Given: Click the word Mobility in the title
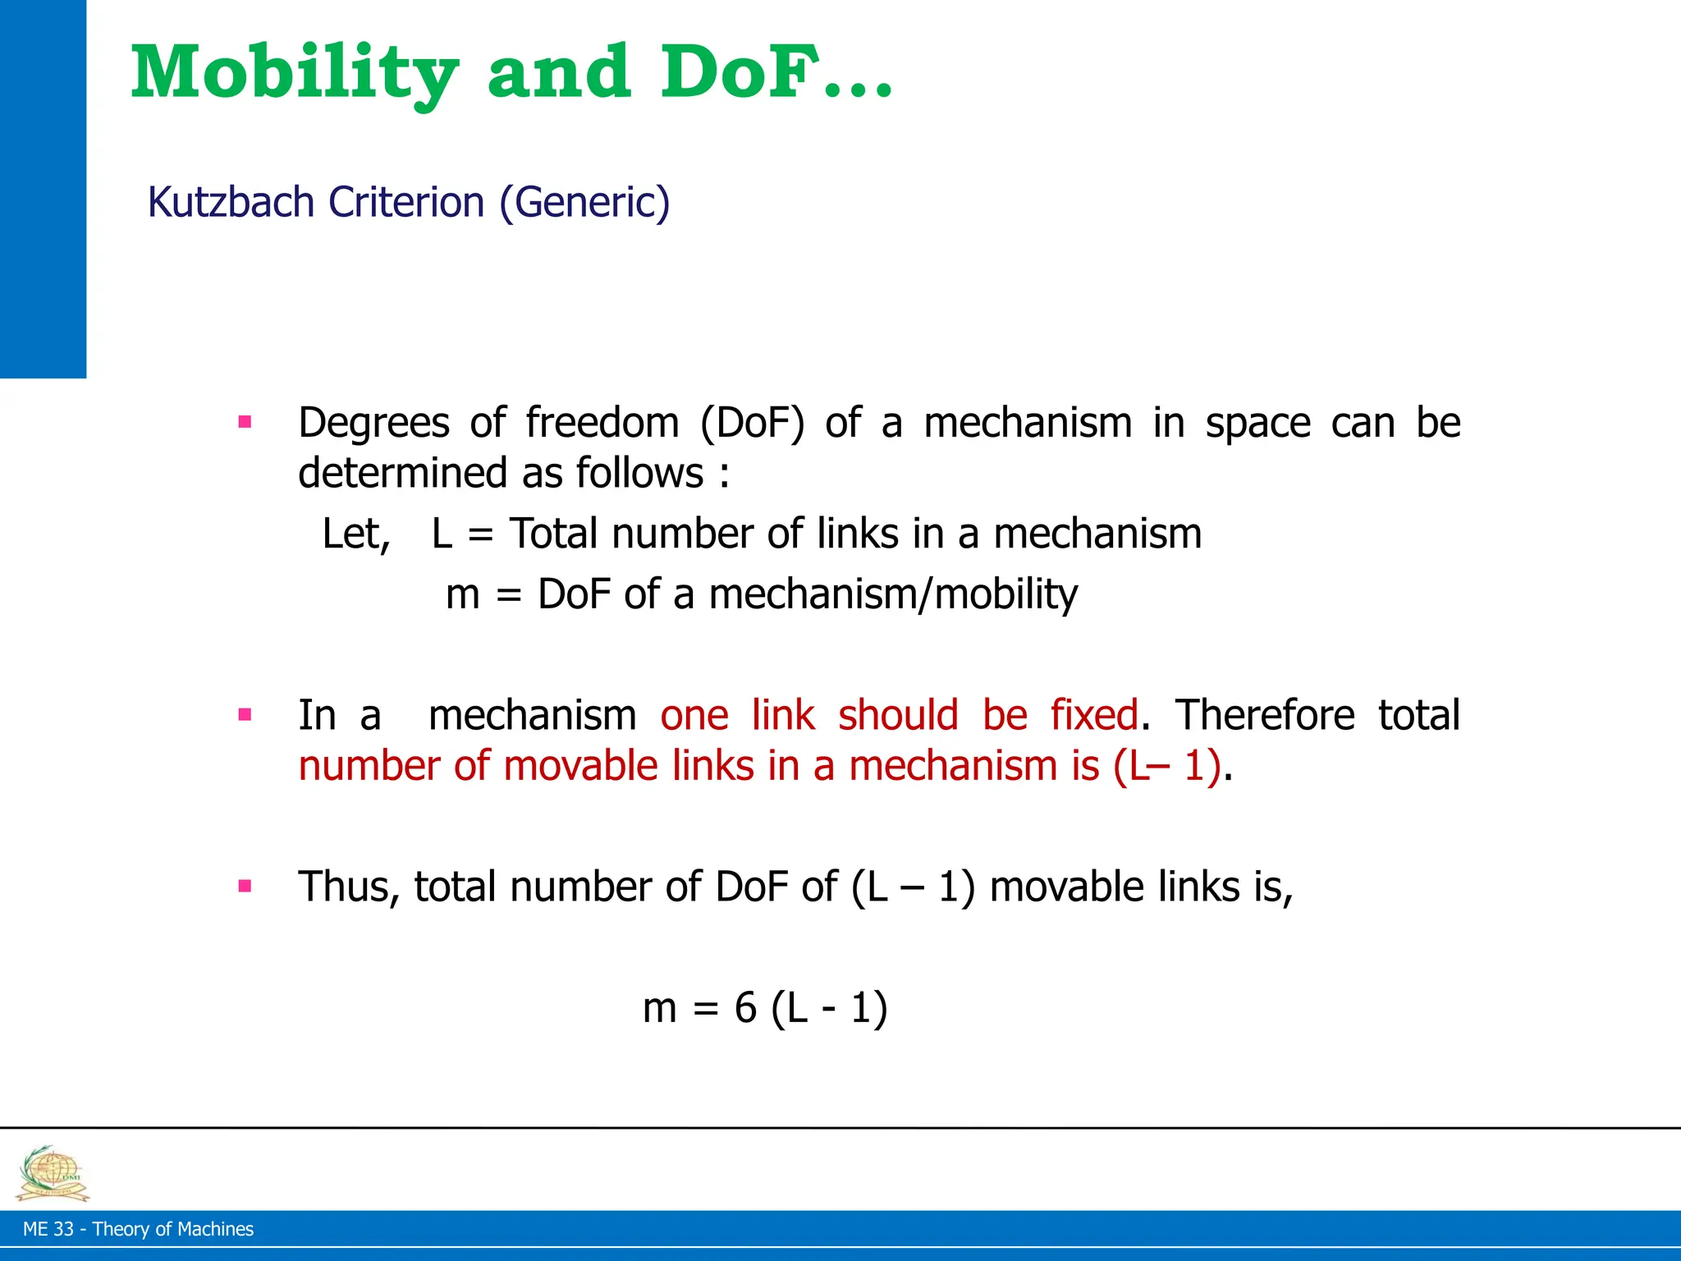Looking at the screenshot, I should click(294, 74).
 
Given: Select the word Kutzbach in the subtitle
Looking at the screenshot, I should click(231, 202).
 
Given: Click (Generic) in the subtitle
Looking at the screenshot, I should click(584, 202).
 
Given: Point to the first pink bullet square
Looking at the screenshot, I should click(244, 423).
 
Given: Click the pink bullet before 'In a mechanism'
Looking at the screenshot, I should click(244, 714).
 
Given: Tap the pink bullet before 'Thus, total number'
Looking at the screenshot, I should click(244, 886).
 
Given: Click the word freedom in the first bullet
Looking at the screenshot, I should click(602, 423).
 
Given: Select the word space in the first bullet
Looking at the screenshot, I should click(1258, 423).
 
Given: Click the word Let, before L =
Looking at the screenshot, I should click(356, 534).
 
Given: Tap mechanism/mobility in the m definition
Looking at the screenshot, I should click(893, 594).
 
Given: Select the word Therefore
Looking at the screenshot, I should click(1265, 714).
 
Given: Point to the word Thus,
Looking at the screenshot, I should click(349, 887).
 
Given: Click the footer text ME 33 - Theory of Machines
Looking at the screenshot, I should click(138, 1229).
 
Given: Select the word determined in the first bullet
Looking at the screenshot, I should click(402, 474).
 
